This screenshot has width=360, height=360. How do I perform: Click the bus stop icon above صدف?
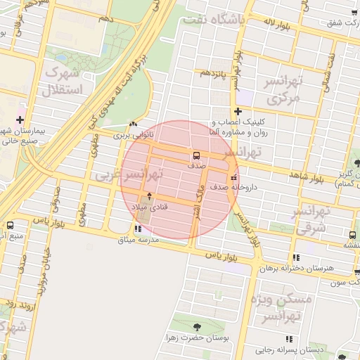196,155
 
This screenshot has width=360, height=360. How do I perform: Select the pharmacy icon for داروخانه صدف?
234,178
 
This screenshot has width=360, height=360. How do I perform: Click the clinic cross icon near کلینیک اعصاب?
238,110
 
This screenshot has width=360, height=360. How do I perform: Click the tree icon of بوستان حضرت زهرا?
196,327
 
